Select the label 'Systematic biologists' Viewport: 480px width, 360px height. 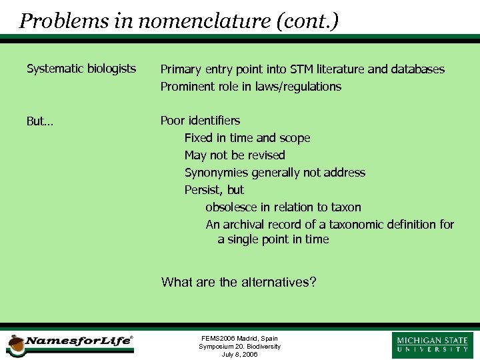point(81,69)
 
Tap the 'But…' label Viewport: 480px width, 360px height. point(40,121)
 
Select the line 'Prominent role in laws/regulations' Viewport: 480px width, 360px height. point(251,87)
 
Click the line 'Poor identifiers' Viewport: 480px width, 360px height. point(200,121)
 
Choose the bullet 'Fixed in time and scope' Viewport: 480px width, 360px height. point(247,138)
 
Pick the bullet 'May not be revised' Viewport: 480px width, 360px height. point(235,155)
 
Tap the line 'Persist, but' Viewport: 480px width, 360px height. point(214,190)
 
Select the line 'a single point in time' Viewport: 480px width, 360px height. point(273,239)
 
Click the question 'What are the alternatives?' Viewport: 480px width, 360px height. point(239,282)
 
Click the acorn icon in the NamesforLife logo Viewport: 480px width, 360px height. point(15,345)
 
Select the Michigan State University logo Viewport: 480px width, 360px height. point(432,345)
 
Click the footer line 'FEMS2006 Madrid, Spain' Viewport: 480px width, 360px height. point(239,339)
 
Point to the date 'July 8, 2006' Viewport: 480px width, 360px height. point(239,355)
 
